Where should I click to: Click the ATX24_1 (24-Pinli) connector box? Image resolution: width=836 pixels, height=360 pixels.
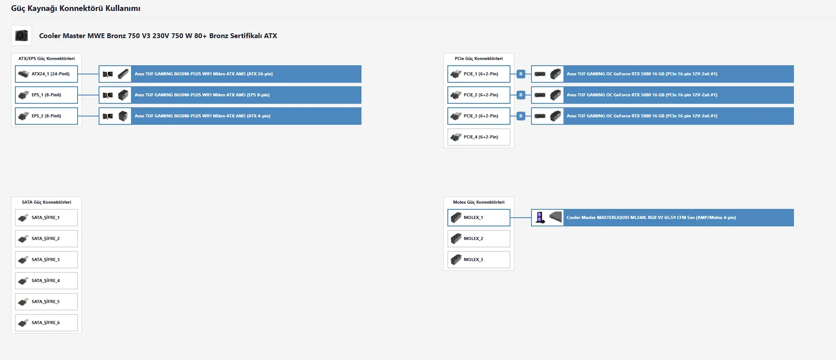(46, 74)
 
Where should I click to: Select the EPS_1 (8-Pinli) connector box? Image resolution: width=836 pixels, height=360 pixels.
(46, 95)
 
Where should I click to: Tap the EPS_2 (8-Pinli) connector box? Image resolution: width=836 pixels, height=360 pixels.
(46, 116)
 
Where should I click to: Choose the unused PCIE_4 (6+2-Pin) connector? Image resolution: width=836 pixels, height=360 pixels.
(479, 137)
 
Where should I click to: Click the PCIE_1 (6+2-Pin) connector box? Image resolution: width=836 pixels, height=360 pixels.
(479, 74)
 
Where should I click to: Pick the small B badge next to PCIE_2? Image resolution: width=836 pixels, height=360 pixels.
(521, 95)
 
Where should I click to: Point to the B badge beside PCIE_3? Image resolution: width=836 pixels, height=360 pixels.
(521, 116)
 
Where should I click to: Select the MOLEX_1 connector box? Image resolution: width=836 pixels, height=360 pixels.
(479, 218)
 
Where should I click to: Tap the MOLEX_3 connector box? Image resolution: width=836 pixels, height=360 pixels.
(479, 260)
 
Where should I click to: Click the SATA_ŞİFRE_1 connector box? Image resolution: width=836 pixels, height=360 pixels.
(46, 218)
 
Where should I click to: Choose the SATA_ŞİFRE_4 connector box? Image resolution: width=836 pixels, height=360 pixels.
(46, 281)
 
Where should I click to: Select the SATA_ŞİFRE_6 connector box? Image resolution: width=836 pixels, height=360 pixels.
(46, 323)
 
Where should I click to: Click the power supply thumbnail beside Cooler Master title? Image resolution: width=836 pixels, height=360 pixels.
(21, 35)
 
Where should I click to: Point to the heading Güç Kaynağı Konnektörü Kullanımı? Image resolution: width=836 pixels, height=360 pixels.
(76, 8)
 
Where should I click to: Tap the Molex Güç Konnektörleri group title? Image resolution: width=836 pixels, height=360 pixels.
(479, 202)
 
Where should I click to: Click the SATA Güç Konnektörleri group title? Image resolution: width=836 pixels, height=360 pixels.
(46, 202)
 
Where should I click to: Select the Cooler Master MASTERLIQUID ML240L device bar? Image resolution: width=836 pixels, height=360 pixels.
(662, 218)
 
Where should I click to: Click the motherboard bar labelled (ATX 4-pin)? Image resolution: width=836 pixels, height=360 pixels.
(230, 116)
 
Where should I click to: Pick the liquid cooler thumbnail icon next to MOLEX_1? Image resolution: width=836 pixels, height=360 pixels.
(540, 218)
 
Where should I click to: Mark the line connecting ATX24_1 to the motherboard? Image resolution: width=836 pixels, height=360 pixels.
(88, 74)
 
